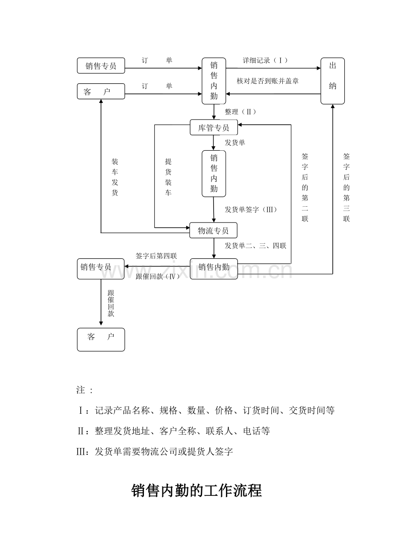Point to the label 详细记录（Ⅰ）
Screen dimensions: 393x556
(265, 60)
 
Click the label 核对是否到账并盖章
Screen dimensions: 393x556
(268, 81)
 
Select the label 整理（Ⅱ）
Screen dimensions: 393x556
(240, 112)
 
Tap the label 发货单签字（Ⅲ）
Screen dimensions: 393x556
(251, 210)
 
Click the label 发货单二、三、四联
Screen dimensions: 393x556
(255, 246)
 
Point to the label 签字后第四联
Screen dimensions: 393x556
(156, 256)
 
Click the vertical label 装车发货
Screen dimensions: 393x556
(115, 177)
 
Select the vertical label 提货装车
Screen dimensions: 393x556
(168, 177)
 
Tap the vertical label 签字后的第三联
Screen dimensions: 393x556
(346, 187)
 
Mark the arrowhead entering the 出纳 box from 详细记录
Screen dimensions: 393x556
(319, 68)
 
